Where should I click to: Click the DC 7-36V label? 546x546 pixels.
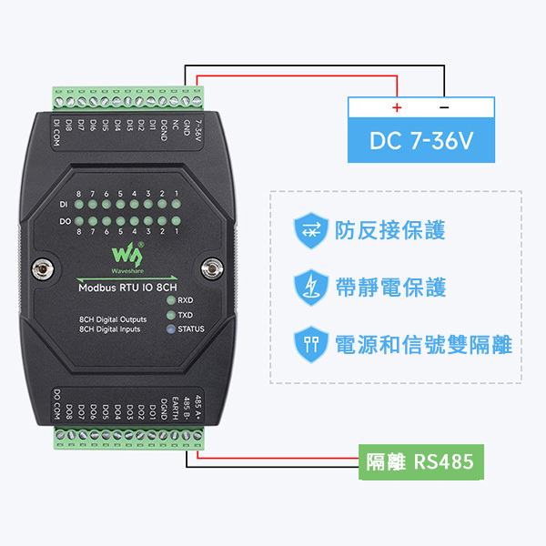click(421, 141)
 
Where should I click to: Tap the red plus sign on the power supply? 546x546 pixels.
click(397, 107)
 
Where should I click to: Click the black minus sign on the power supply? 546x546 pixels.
click(443, 107)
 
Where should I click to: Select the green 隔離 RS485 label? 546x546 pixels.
click(420, 461)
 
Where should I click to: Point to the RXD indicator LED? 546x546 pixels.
click(169, 299)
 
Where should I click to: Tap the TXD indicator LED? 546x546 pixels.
click(169, 314)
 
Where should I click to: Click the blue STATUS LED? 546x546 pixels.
click(169, 329)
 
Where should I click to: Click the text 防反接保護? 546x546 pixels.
click(390, 230)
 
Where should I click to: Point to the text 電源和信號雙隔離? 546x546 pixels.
click(423, 345)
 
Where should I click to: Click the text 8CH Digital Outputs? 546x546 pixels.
click(114, 319)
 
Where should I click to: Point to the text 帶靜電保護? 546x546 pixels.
click(390, 288)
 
